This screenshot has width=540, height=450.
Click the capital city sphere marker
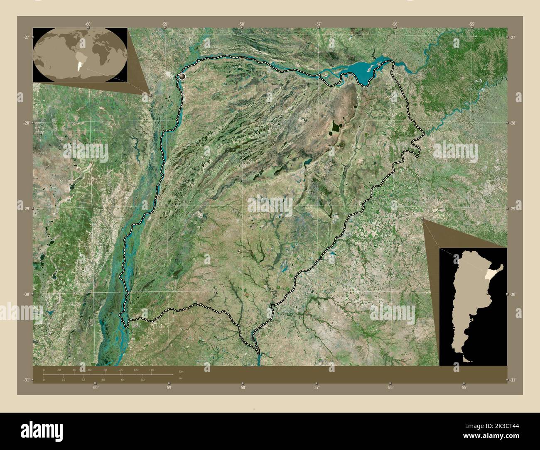pyautogui.click(x=183, y=77)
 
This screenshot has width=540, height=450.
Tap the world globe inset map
pyautogui.click(x=80, y=54)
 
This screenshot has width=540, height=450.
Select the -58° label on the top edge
pyautogui.click(x=242, y=24)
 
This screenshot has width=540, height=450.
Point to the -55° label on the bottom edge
pyautogui.click(x=464, y=387)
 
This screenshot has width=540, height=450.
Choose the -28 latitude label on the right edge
pyautogui.click(x=513, y=123)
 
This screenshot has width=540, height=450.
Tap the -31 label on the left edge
pyautogui.click(x=26, y=380)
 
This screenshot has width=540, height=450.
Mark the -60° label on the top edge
pyautogui.click(x=88, y=24)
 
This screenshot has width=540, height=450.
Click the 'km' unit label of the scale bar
pyautogui.click(x=181, y=372)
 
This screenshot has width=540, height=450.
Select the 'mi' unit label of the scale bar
pyautogui.click(x=180, y=379)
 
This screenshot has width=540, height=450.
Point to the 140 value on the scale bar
pyautogui.click(x=151, y=369)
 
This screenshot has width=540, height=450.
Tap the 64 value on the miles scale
pyautogui.click(x=123, y=379)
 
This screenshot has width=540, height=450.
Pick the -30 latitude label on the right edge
pyautogui.click(x=513, y=294)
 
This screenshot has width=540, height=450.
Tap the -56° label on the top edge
pyautogui.click(x=395, y=24)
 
